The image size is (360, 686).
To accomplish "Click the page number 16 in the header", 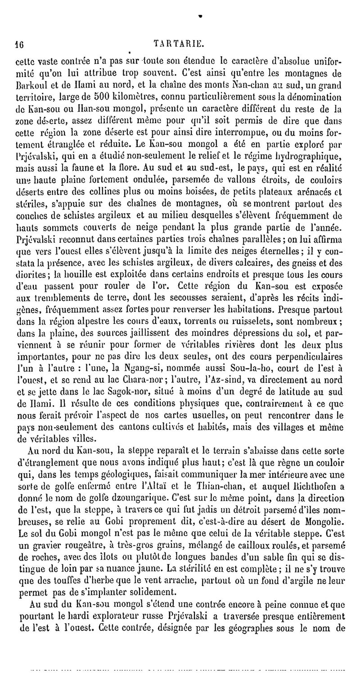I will pos(18,45).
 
